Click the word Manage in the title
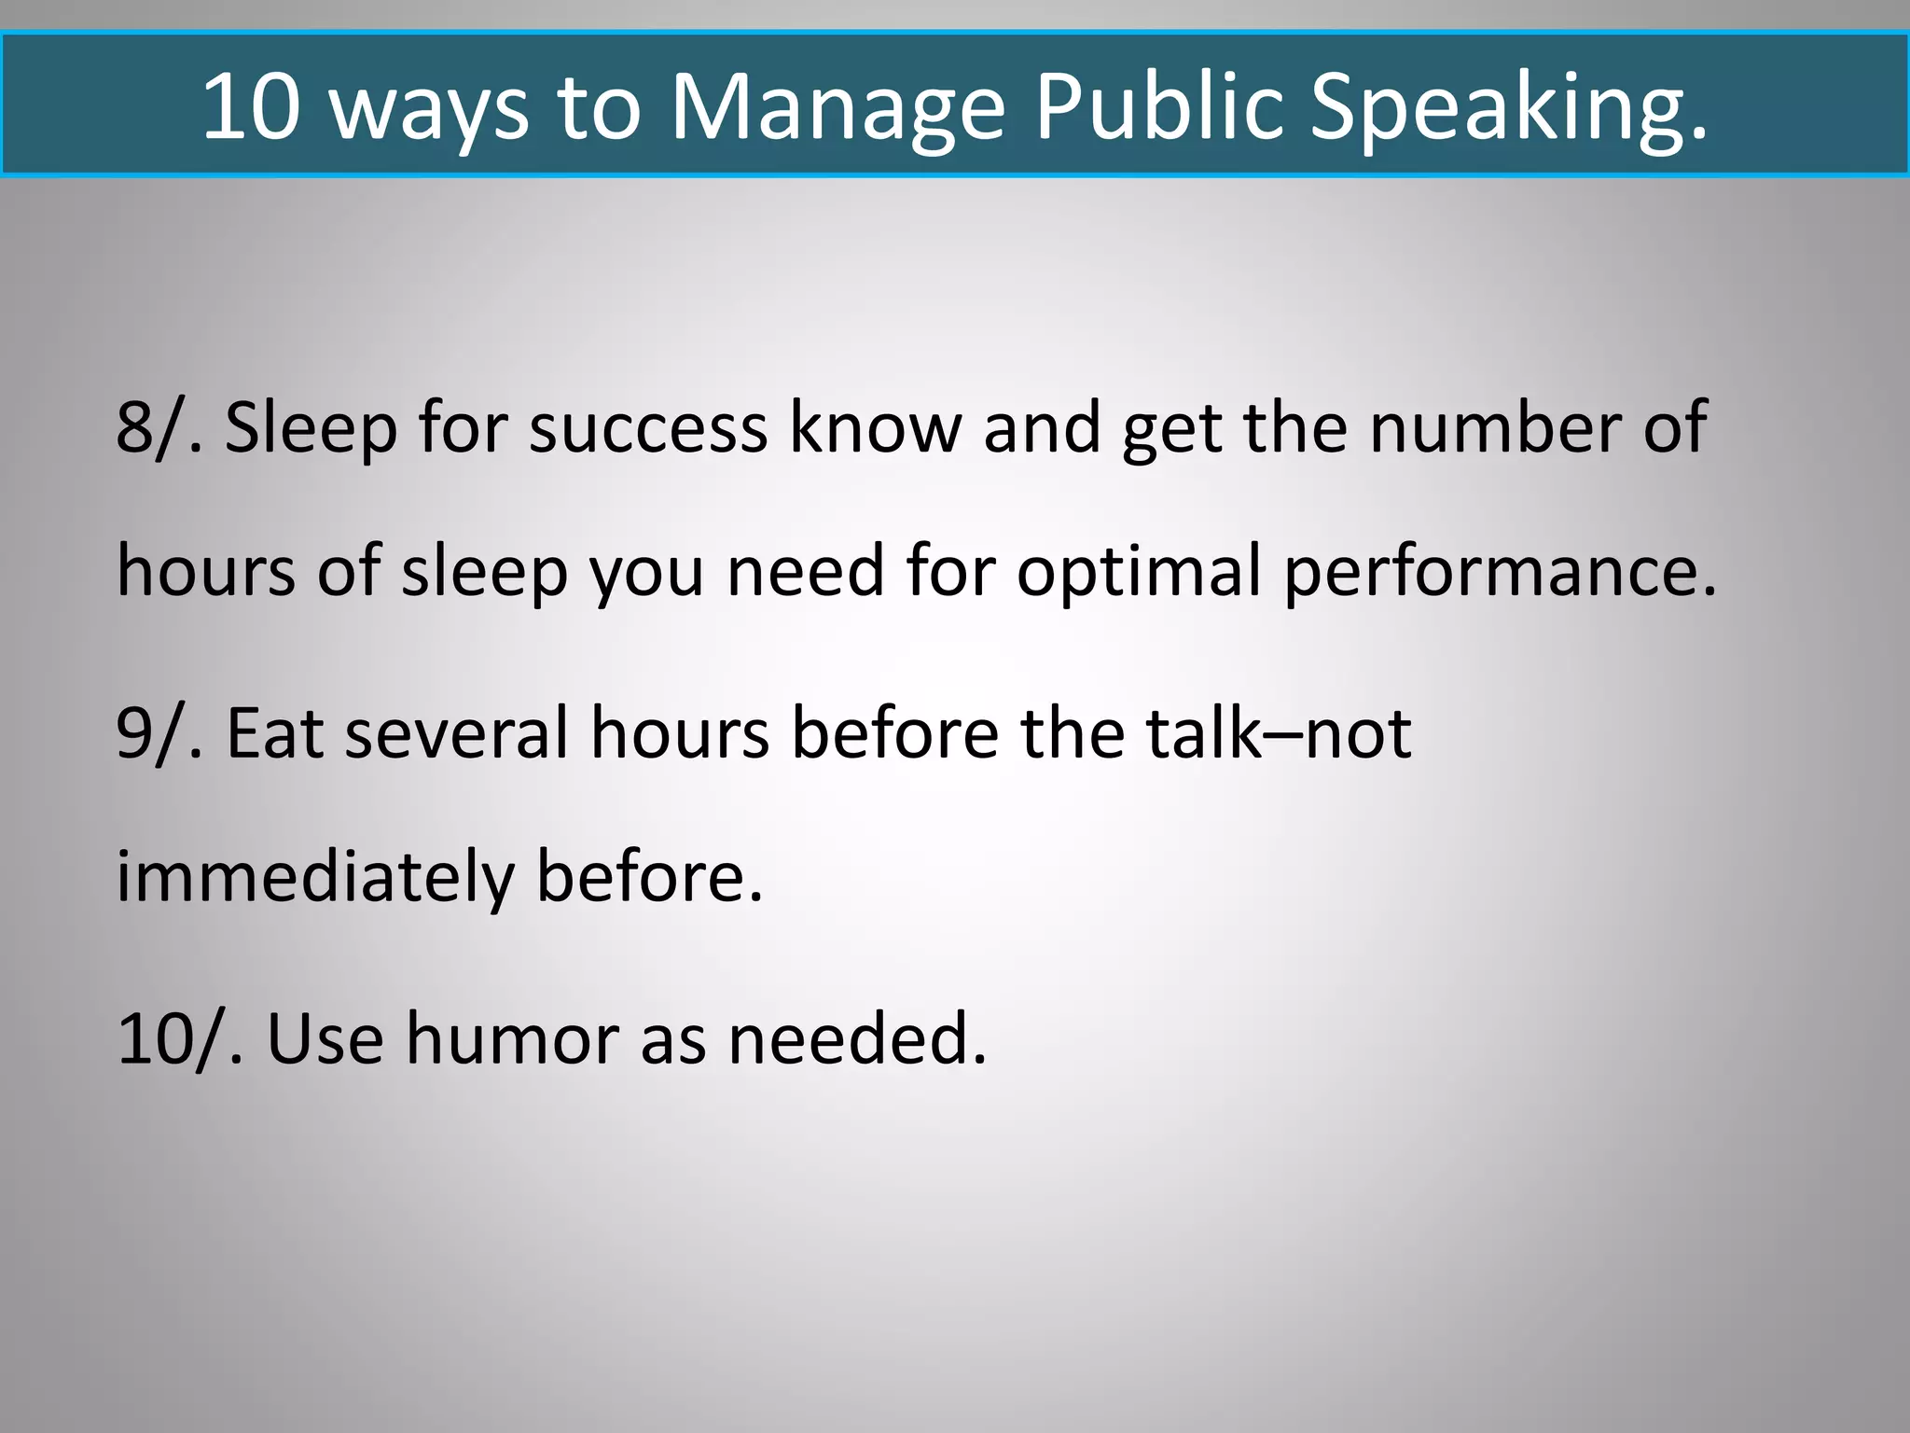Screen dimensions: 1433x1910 (837, 106)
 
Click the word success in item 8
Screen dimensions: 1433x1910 (647, 427)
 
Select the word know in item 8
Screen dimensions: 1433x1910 (875, 427)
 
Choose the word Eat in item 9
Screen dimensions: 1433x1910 (275, 733)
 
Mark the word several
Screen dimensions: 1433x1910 (456, 733)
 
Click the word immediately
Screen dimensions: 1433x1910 (315, 877)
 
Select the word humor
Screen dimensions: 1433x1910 (512, 1038)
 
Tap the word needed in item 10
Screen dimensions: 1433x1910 (855, 1038)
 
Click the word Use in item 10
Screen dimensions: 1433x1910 (325, 1038)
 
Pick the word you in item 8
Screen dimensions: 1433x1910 (645, 571)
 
